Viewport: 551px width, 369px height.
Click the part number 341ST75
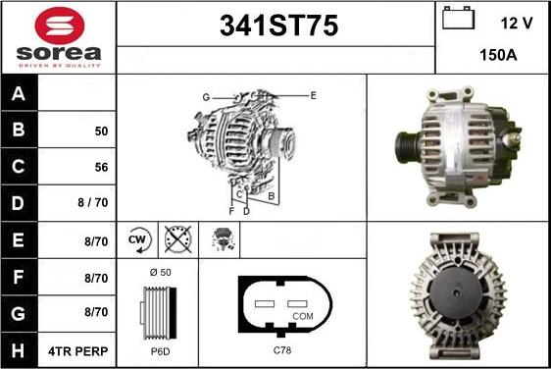coord(278,26)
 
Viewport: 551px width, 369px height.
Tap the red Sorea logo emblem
coord(60,26)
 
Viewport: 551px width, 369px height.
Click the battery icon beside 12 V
coord(458,18)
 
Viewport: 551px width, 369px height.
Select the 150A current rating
coord(498,55)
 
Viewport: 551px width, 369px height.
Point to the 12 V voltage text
coord(517,24)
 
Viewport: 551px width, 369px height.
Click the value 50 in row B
coord(101,132)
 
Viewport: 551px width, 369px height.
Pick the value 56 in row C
coord(101,167)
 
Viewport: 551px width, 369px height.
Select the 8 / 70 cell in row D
coord(93,202)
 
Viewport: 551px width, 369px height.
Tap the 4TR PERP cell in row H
coord(78,351)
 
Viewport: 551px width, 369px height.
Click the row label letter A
coord(19,93)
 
